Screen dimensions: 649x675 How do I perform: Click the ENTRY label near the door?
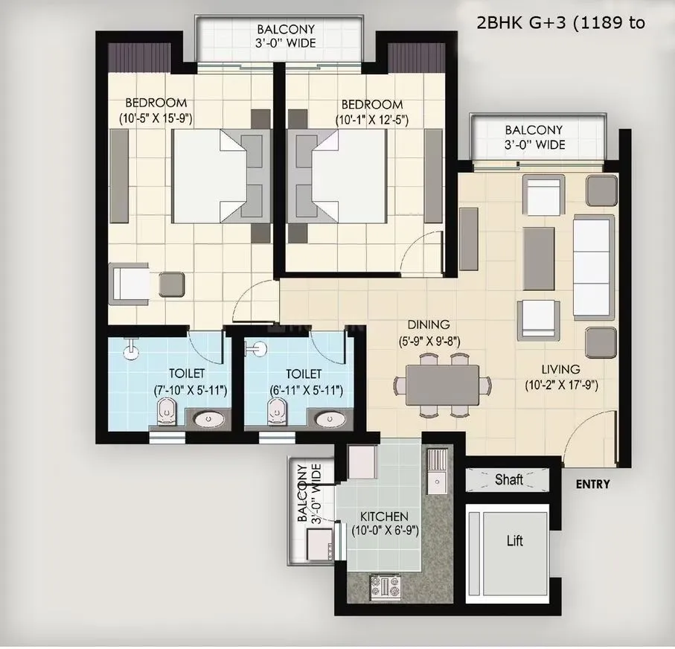click(593, 485)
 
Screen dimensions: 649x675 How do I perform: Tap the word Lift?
click(514, 540)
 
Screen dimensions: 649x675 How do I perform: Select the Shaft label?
click(509, 480)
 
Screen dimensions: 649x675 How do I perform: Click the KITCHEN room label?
click(383, 516)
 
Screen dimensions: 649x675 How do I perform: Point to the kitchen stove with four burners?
click(384, 586)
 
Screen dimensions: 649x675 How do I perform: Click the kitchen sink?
click(435, 473)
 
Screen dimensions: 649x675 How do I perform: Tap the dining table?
click(442, 384)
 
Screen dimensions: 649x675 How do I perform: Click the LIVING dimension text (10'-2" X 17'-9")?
click(562, 385)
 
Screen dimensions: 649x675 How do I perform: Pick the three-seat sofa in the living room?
click(593, 267)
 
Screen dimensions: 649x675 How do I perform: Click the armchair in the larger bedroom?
click(130, 284)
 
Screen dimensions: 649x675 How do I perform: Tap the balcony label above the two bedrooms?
click(286, 36)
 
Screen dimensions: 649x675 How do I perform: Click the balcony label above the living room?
click(534, 137)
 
